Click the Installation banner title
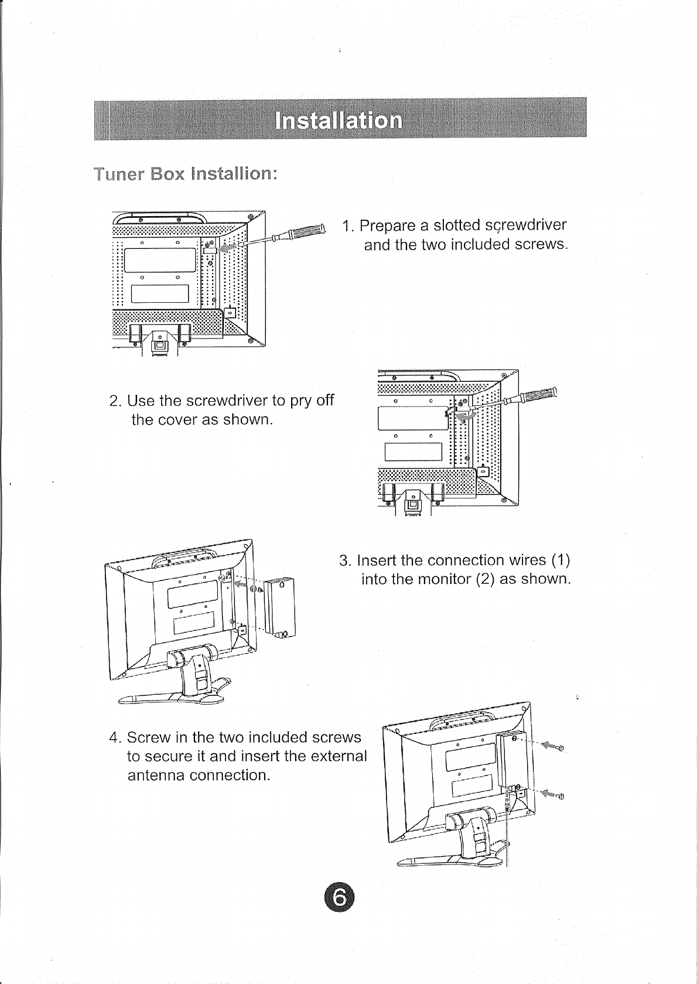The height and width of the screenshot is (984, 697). tap(339, 120)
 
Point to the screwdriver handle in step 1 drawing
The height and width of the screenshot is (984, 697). tap(305, 231)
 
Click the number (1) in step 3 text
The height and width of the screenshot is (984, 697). tap(560, 561)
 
